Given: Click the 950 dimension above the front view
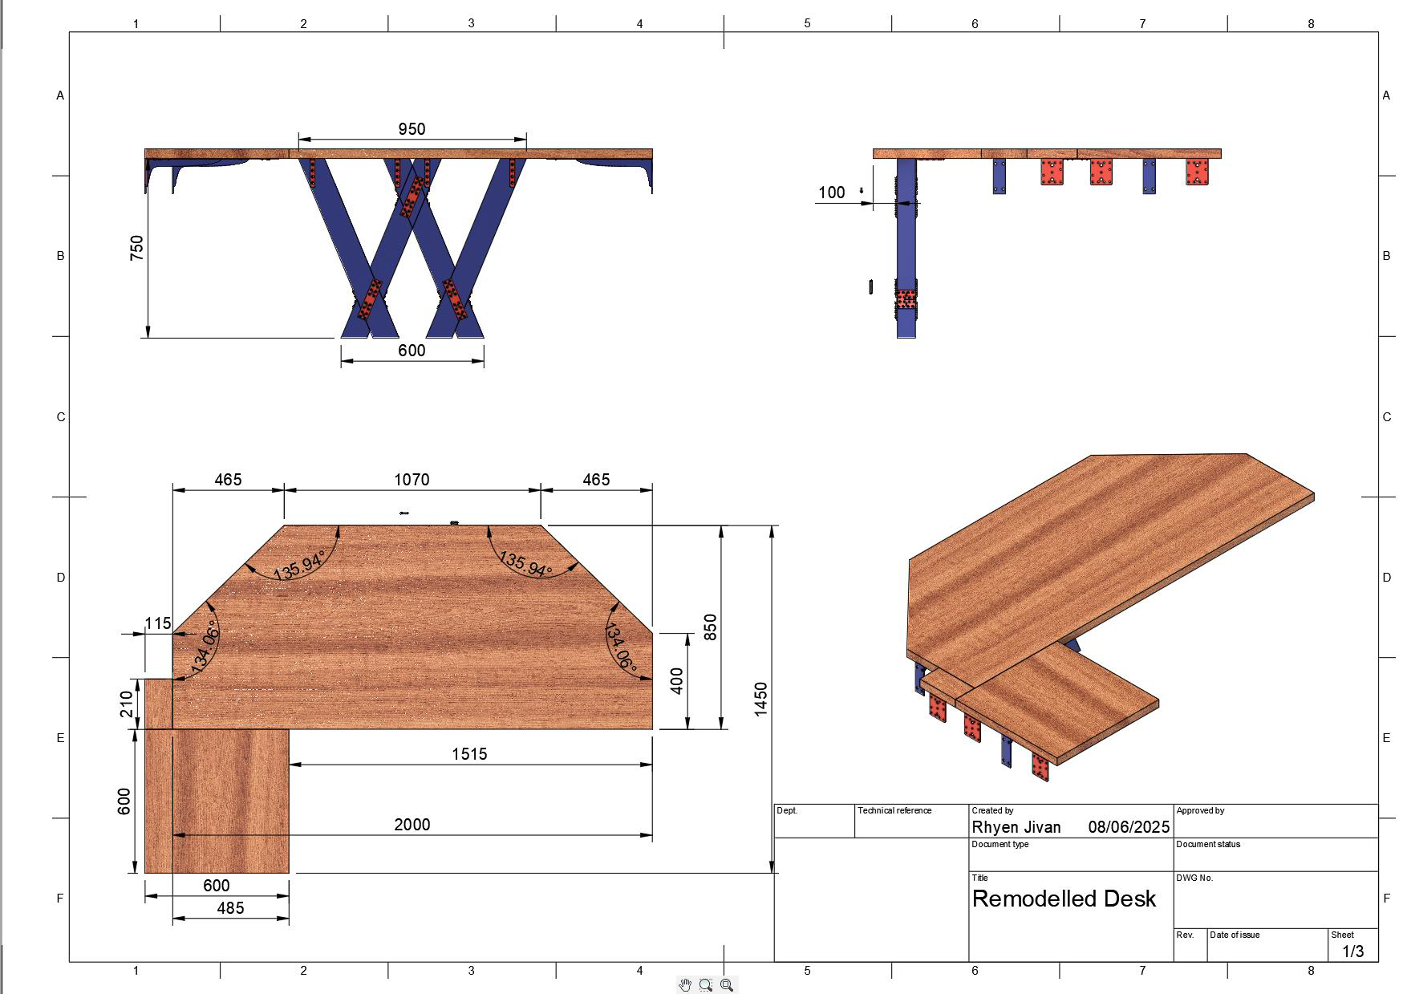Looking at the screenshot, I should point(412,129).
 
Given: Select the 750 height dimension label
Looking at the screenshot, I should point(137,247).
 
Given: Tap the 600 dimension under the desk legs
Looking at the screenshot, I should point(412,351).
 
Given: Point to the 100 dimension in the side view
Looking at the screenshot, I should point(832,193).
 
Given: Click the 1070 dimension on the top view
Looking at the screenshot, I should point(412,480).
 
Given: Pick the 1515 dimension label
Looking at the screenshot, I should point(469,754).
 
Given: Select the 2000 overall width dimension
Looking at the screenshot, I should point(412,825).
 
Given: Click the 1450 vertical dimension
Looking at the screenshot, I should point(761,699).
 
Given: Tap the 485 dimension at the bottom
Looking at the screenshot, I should point(230,908).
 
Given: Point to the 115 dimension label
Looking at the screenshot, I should point(158,623).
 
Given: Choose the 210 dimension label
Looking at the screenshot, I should point(127,704).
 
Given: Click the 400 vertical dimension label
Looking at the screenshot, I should point(677,681).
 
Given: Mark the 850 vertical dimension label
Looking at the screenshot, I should point(710,627).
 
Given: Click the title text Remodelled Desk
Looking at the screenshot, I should point(1064,899).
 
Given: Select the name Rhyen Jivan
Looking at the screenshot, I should point(1016,827).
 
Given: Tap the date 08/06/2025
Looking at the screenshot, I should point(1129,827).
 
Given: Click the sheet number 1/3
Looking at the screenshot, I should point(1352,951).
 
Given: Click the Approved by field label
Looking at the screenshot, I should point(1200,810).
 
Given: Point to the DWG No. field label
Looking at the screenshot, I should point(1194,878).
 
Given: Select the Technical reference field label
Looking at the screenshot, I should point(894,810).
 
